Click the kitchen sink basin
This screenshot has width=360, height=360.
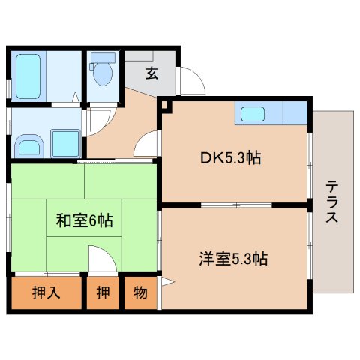(x=252, y=115)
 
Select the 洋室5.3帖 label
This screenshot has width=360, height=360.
(x=233, y=259)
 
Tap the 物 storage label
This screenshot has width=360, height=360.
(x=139, y=293)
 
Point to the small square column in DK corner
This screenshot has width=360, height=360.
(x=165, y=106)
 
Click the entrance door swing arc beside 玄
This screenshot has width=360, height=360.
(x=190, y=81)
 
